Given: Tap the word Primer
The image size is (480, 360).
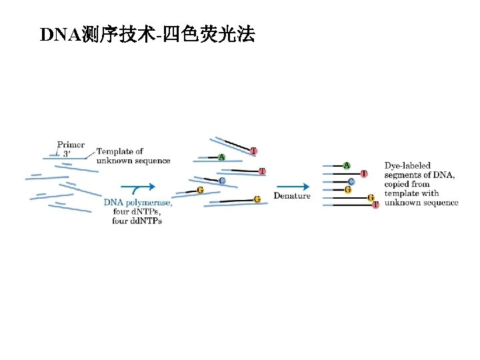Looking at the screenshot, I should coord(71,145).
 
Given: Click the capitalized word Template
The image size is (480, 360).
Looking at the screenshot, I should coord(114,152).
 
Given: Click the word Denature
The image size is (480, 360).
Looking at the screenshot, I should coord(292,195).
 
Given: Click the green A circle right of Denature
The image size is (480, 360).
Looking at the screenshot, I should coord(347,165).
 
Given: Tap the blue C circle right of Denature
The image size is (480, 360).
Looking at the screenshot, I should coord(351,181).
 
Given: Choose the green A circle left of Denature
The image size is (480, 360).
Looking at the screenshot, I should coord(221,157).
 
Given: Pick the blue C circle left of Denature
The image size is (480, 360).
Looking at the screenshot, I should coord(221,180).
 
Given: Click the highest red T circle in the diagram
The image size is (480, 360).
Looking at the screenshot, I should coord(254,151).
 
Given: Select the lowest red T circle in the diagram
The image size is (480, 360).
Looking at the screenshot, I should coord(375,205).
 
